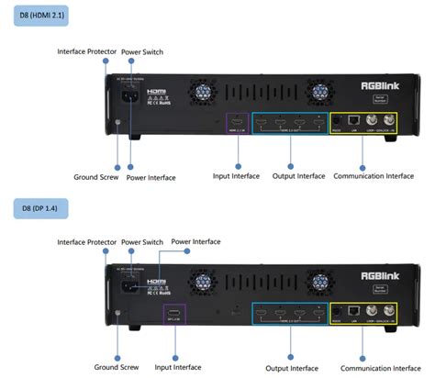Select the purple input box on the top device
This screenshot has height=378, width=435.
point(237,125)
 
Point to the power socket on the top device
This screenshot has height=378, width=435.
point(128,98)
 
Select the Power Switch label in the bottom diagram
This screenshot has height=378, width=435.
point(141,241)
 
